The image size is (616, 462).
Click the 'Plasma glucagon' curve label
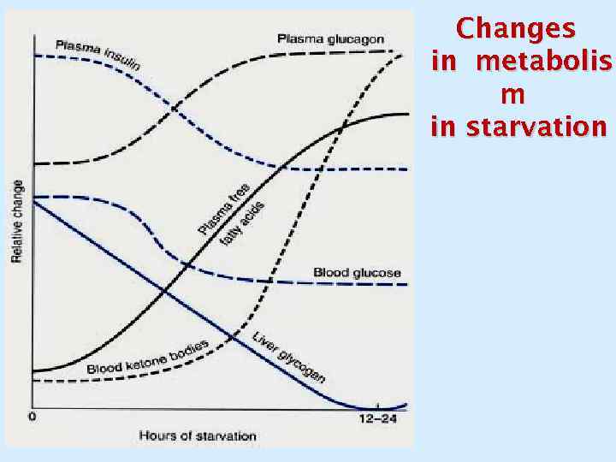330,38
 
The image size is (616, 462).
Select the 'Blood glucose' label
357,273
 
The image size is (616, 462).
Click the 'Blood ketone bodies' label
148,357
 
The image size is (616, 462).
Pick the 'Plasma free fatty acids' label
232,214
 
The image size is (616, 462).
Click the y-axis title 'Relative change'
17,222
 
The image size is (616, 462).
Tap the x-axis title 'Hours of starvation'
198,435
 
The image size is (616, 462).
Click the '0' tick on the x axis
32,418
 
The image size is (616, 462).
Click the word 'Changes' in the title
516,28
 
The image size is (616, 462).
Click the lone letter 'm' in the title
516,94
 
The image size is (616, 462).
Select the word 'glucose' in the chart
376,273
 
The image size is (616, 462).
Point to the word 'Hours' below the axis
157,435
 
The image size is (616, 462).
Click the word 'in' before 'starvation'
444,127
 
